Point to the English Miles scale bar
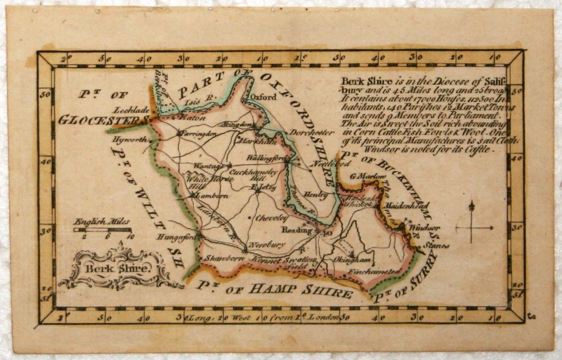pyautogui.click(x=103, y=230)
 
